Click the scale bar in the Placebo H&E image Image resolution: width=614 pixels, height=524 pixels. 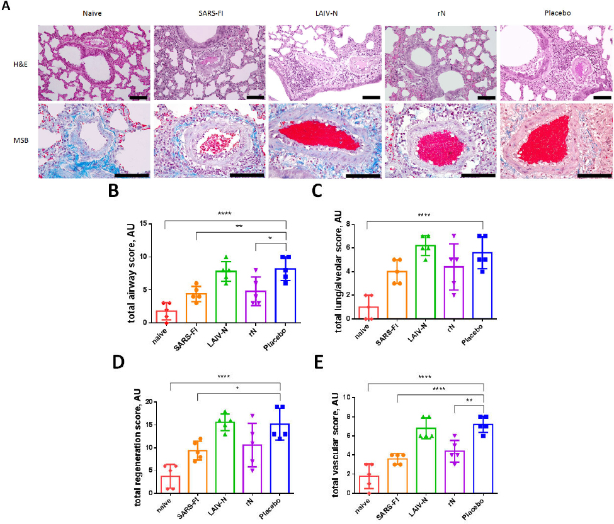click(601, 98)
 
